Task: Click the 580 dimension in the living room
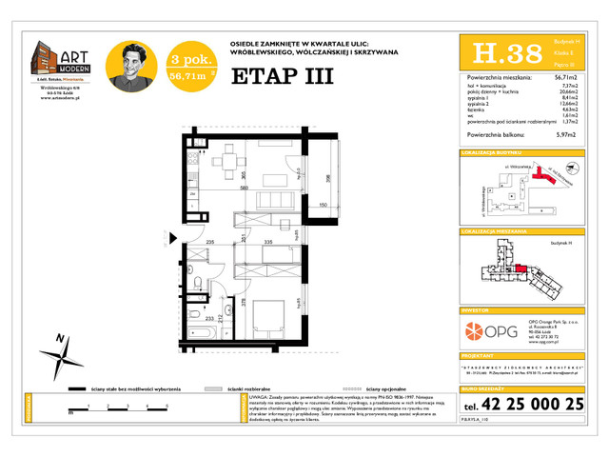pyautogui.click(x=218, y=188)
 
